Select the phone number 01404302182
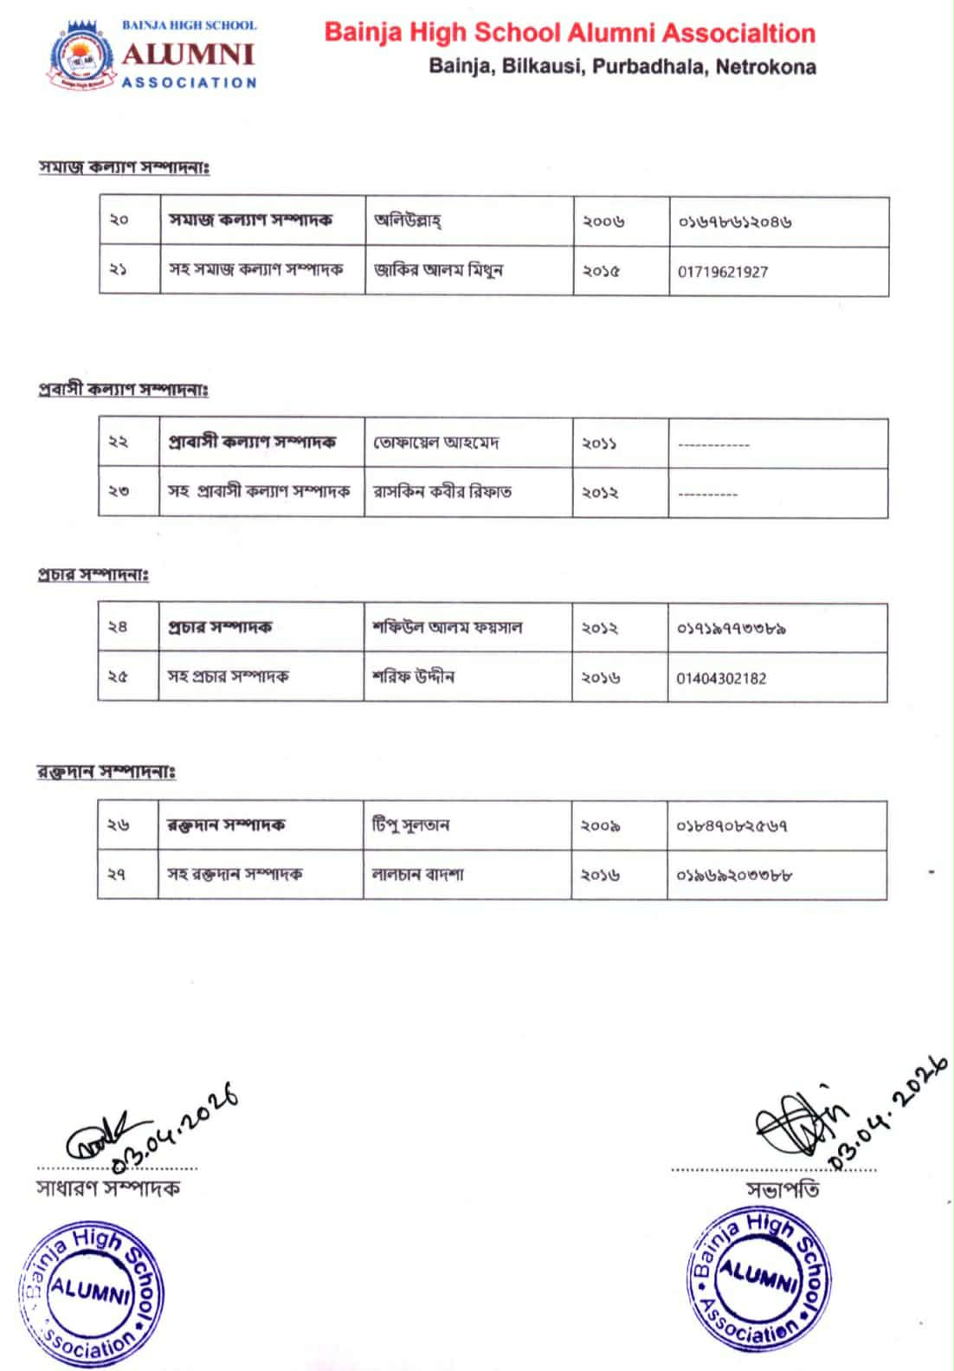[x=721, y=678]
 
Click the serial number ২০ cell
[x=119, y=220]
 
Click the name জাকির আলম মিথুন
[x=438, y=270]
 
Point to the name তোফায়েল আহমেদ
[x=436, y=443]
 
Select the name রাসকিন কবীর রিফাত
[x=442, y=492]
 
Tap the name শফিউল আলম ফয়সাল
[x=447, y=627]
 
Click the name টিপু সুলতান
[x=410, y=825]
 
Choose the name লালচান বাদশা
[x=417, y=875]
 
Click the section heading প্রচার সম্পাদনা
[x=93, y=574]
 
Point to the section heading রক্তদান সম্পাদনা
[x=106, y=772]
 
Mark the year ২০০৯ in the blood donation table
[x=601, y=825]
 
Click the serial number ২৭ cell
[x=117, y=875]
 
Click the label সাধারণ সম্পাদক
[x=107, y=1188]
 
